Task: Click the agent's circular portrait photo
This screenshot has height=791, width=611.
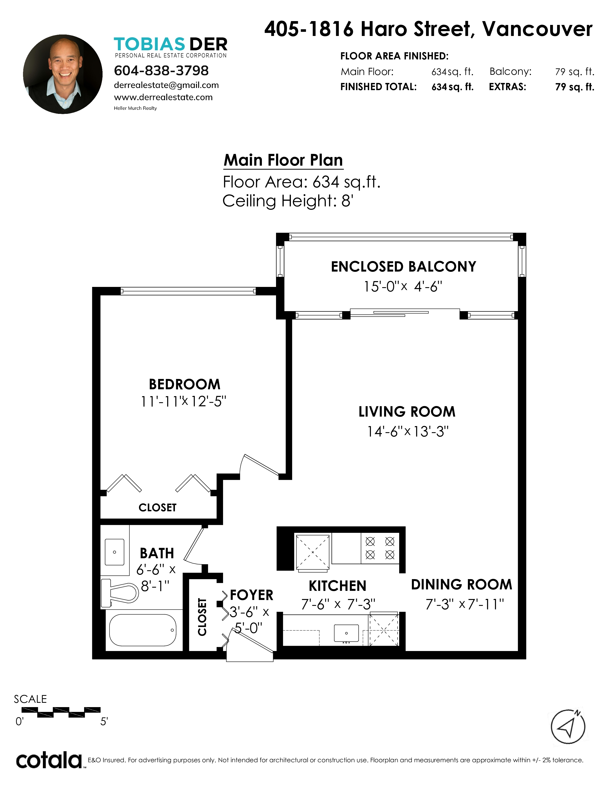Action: pos(63,74)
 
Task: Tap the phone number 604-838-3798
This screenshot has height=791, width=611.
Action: pos(161,71)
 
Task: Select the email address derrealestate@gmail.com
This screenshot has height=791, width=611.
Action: pos(166,85)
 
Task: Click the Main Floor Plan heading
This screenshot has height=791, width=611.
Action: pos(283,160)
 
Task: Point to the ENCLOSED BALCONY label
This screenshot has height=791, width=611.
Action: pos(403,267)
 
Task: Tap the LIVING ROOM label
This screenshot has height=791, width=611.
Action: pos(407,412)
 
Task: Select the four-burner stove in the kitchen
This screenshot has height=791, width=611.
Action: pos(380,548)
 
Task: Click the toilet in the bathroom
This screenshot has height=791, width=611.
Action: pos(120,593)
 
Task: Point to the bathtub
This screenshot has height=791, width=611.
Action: pos(143,630)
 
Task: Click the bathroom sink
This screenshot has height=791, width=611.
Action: pos(114,552)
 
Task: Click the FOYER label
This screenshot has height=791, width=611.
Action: pos(252,595)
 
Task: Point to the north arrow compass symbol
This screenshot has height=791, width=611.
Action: pos(568,727)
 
